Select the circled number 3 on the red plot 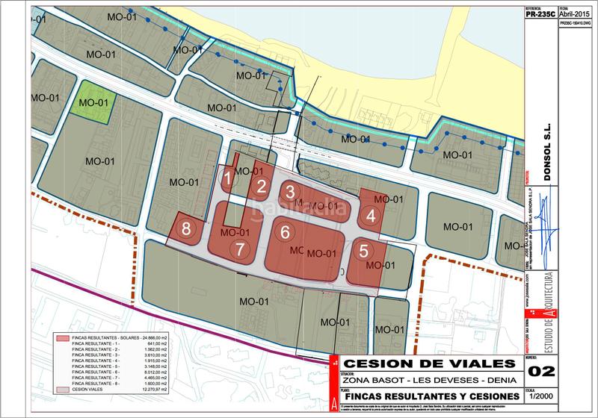point(289,191)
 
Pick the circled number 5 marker point(364,252)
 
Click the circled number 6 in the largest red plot point(285,231)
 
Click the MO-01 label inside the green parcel point(94,102)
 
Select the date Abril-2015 point(576,13)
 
